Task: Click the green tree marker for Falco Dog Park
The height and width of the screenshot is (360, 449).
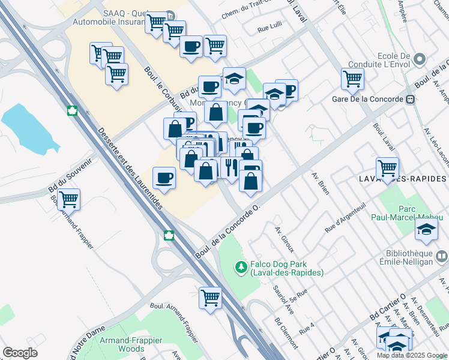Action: pos(241,266)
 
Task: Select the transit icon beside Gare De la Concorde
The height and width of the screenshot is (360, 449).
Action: pos(411,99)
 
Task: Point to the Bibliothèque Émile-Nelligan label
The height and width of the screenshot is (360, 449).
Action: pos(406,256)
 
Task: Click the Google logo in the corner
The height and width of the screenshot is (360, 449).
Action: pos(20,353)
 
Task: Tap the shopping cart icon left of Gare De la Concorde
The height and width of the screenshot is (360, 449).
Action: pos(352,78)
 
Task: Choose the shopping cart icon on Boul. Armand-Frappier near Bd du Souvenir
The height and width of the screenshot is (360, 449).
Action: pos(69,199)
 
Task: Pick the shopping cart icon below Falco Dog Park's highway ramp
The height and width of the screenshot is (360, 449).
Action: pos(210,298)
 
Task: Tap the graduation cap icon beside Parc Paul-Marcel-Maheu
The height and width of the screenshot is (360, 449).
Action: pos(426,229)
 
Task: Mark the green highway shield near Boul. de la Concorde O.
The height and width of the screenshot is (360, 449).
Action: pos(170,236)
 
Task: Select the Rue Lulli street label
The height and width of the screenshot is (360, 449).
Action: pos(270,28)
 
